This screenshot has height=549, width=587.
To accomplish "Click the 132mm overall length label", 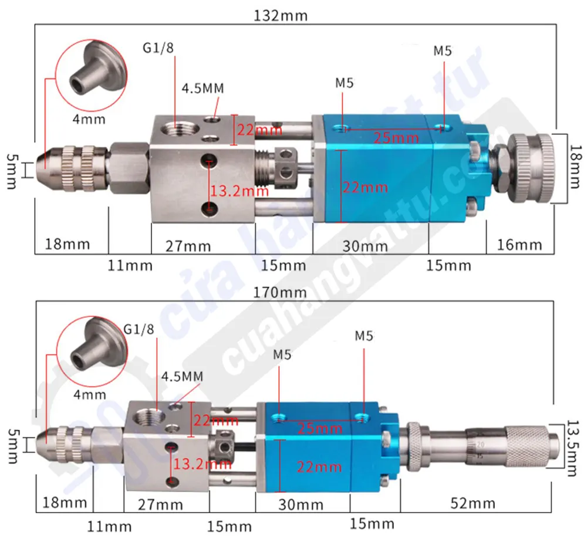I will (280, 15).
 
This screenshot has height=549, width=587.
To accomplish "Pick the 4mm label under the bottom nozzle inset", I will (89, 395).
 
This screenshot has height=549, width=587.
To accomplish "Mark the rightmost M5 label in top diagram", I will (443, 51).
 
